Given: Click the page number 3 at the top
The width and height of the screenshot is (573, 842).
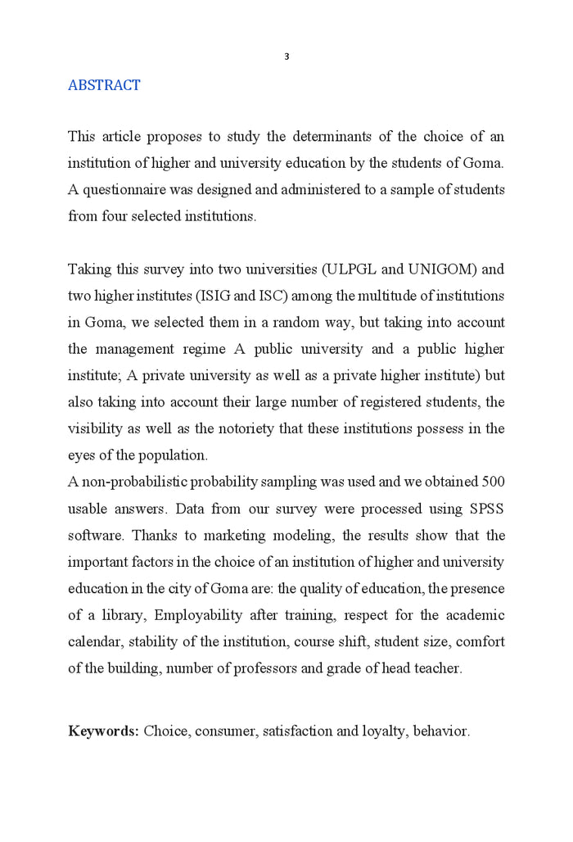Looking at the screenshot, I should click(286, 57).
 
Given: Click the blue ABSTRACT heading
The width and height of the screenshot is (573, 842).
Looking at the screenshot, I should click(104, 85).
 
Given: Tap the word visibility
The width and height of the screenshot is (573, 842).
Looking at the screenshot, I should click(93, 428).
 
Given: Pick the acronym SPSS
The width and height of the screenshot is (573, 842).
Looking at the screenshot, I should click(486, 509).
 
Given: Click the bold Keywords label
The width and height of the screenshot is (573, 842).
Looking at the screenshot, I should click(103, 731).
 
